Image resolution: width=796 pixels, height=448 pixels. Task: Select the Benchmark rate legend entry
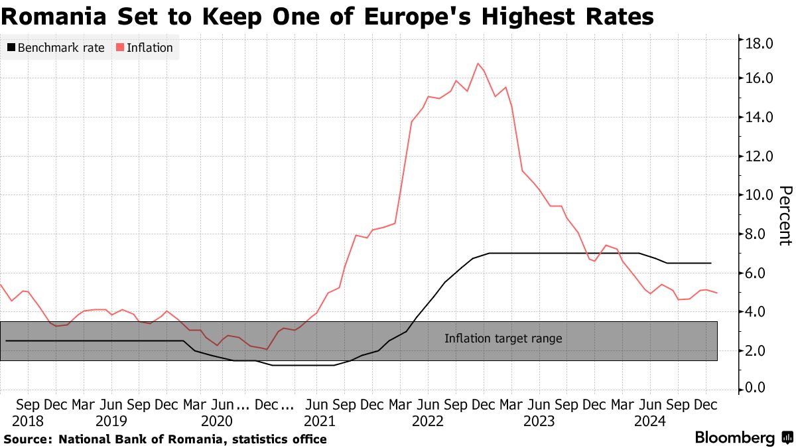click(x=56, y=48)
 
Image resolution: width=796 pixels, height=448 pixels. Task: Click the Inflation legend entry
click(x=145, y=48)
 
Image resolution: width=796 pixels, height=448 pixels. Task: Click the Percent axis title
click(x=784, y=216)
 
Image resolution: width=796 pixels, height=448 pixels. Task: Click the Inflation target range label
click(x=503, y=338)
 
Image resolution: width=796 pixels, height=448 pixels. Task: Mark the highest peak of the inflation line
click(x=478, y=63)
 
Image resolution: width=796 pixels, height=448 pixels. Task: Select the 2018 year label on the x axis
click(x=28, y=420)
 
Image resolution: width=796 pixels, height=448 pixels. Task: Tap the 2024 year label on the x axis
click(x=647, y=420)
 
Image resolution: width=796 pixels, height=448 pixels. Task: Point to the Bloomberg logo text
click(x=734, y=438)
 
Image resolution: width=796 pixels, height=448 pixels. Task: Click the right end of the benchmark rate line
click(x=711, y=263)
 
